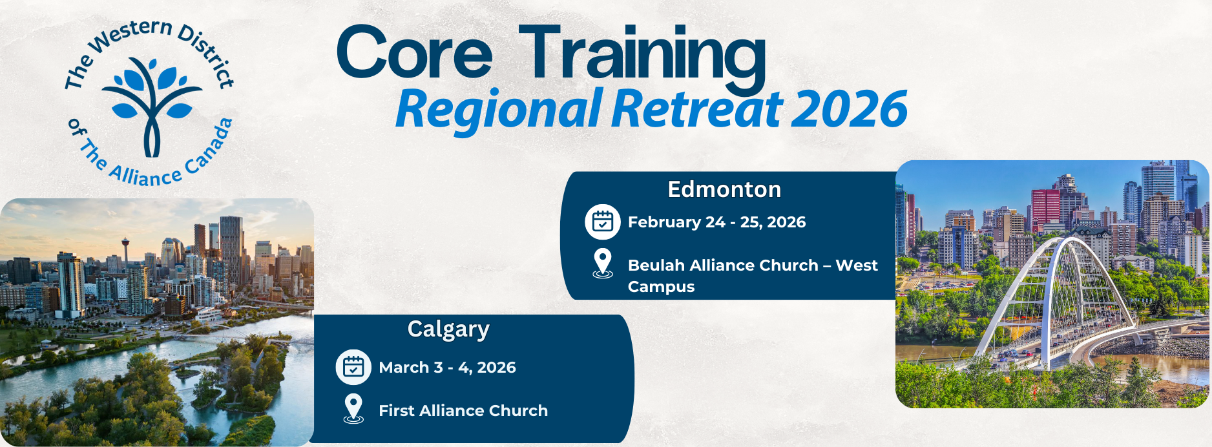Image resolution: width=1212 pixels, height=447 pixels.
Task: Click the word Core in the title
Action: pos(414,52)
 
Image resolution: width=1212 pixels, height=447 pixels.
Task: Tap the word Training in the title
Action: pos(642,57)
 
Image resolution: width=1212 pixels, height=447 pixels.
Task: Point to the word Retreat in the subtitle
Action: pos(697,108)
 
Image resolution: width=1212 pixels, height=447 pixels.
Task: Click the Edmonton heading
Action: pos(724,189)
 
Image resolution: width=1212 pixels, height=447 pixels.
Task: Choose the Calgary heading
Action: pos(448,329)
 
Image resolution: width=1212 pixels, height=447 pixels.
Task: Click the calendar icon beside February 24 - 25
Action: pos(603,222)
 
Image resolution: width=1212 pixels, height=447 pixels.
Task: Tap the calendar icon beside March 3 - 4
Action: pos(353,367)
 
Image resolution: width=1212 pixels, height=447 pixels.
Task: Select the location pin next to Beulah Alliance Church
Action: pos(603,264)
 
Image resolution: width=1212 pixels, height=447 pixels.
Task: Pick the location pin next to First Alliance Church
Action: pos(353,409)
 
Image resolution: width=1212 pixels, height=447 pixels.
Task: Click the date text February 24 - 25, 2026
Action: pos(716,222)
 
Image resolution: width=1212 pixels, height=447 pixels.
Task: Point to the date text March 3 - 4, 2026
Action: pos(447,368)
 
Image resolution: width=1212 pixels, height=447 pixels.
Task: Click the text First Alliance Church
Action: pos(463,410)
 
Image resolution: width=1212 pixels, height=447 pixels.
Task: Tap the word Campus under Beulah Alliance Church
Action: pos(661,287)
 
